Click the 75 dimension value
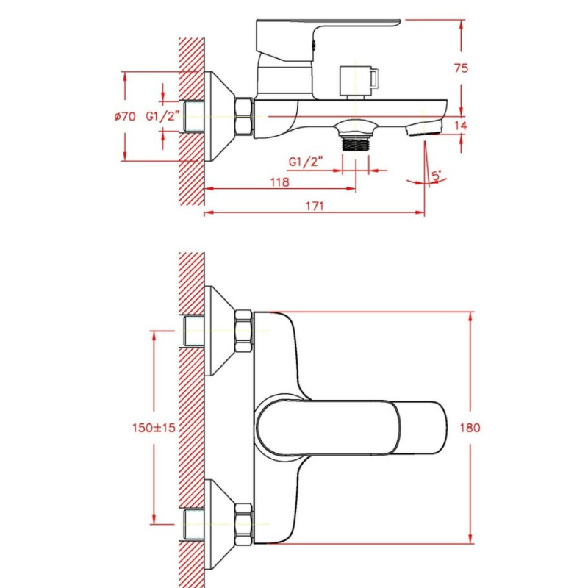tap(461, 68)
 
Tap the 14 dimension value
tap(461, 126)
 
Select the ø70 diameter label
tap(125, 117)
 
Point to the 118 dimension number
tap(280, 182)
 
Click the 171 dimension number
tap(315, 206)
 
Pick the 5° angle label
tap(437, 176)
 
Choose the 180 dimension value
tap(470, 428)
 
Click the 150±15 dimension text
tap(154, 428)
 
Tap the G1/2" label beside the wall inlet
tap(162, 116)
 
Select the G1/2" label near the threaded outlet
tap(306, 162)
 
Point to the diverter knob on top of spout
tap(358, 82)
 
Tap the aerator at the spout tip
tap(423, 128)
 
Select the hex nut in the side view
tap(244, 116)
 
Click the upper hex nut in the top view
tap(244, 331)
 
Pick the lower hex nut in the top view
tap(244, 524)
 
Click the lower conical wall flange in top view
tap(220, 524)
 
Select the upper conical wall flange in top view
tap(220, 331)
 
